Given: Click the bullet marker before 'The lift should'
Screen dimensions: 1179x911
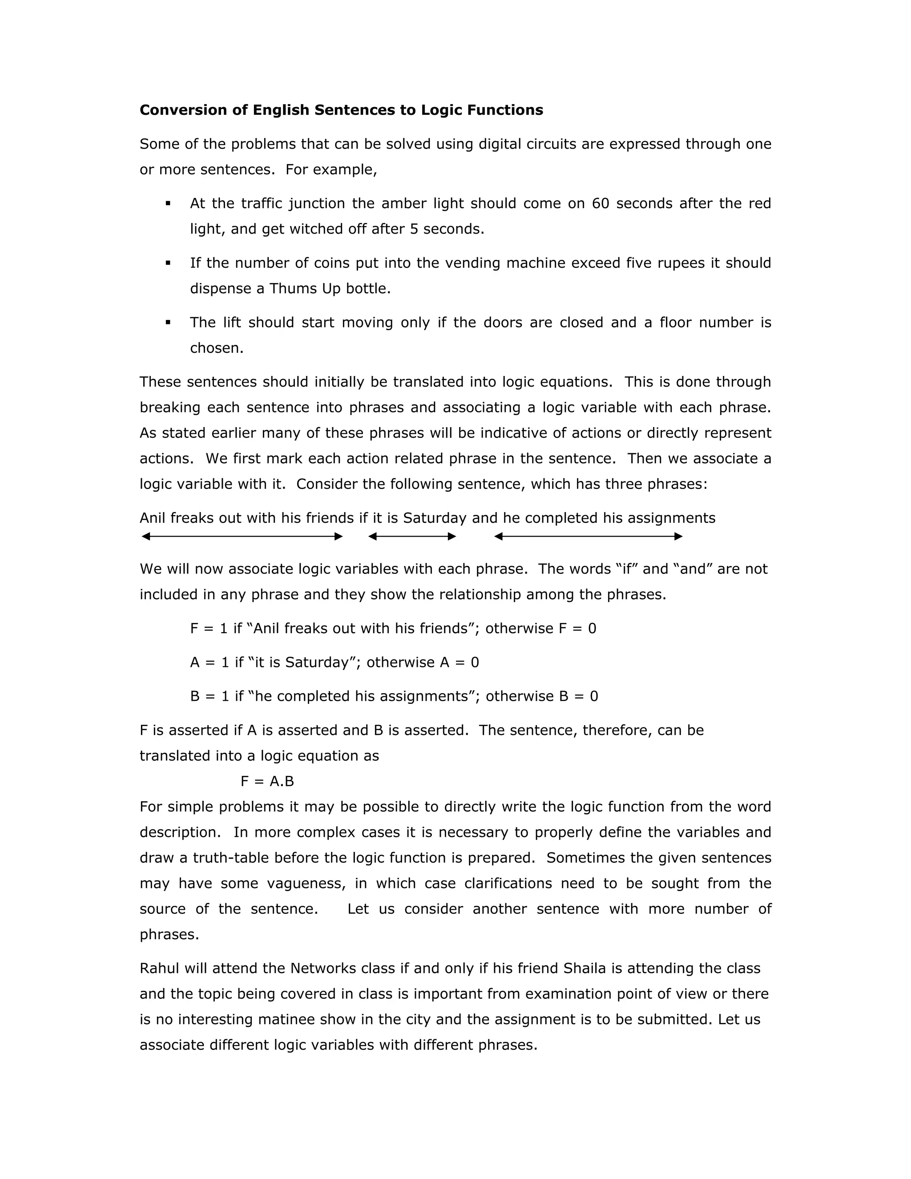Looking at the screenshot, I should (x=169, y=322).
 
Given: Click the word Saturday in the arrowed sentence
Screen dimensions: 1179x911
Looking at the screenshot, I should (x=435, y=518).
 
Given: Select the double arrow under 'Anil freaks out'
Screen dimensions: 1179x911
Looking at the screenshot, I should (x=242, y=536).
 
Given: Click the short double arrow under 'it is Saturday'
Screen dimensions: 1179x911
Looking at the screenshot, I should (x=412, y=536).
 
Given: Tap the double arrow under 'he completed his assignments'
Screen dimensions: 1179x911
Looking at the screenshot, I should (x=588, y=536).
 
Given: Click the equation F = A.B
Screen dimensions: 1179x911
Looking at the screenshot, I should (x=267, y=781).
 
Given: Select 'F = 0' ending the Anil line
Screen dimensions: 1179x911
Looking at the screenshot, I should (x=577, y=628).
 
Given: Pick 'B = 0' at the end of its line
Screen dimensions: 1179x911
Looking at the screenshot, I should (x=579, y=696).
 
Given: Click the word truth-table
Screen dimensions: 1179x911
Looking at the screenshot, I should (x=233, y=858).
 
